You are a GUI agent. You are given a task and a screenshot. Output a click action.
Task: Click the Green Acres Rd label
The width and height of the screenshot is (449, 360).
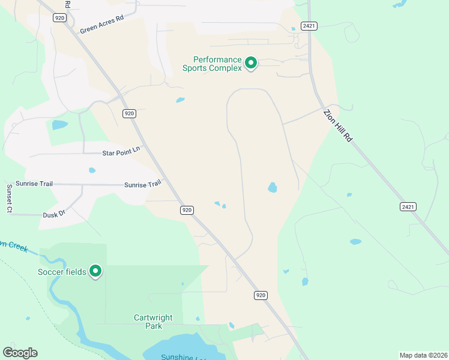[x=101, y=24]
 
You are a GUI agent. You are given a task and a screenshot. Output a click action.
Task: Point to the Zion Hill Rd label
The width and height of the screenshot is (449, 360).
[x=338, y=125]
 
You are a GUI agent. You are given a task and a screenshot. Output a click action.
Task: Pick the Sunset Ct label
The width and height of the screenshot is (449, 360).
[x=9, y=199]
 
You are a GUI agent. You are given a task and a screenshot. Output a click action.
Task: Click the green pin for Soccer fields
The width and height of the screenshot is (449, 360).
[x=95, y=271]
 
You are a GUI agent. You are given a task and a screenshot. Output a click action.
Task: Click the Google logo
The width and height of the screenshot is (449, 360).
[x=20, y=353]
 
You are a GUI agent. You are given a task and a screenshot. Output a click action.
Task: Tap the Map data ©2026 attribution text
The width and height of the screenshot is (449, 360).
[x=423, y=355]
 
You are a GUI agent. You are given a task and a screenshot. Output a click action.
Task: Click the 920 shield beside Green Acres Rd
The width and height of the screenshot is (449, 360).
[x=59, y=18]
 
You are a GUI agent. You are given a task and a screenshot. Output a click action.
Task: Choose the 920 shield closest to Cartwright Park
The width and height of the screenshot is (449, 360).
[x=260, y=295]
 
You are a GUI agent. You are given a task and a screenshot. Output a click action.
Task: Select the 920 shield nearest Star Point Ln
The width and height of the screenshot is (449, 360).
[x=129, y=113]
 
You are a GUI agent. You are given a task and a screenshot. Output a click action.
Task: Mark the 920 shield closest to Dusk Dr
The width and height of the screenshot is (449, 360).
[x=187, y=210]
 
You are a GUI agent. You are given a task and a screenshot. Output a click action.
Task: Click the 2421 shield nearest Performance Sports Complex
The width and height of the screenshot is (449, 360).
[x=309, y=26]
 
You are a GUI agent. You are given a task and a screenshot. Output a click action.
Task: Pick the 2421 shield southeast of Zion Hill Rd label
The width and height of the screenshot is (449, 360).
[x=408, y=206]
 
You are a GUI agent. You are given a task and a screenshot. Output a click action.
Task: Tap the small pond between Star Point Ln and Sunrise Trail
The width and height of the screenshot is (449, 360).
[x=92, y=170]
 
